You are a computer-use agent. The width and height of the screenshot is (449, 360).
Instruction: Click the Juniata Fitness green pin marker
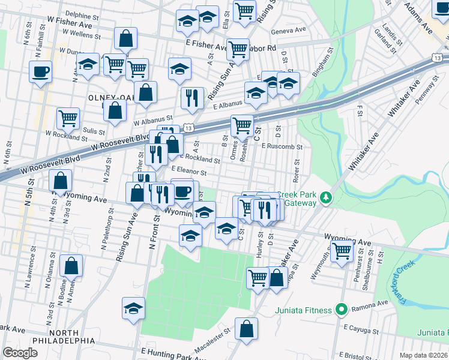[342, 310]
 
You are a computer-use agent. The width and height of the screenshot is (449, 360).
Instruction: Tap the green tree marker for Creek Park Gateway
[325, 197]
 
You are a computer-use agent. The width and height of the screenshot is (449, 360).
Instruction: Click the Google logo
[20, 353]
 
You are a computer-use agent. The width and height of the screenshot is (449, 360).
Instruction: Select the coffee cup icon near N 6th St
[41, 72]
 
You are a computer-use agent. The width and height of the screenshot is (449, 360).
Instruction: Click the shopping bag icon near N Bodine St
[71, 265]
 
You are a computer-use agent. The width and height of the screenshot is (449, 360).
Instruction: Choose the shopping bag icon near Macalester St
[246, 329]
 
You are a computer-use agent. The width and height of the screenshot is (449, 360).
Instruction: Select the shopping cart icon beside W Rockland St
[68, 118]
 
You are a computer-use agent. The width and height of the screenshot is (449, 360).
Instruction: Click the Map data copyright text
[424, 355]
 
